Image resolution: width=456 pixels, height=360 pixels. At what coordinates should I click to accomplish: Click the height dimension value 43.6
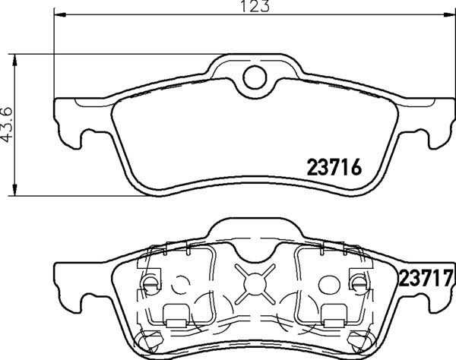tap(8, 124)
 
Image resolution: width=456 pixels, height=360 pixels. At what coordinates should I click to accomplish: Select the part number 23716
tap(332, 166)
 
